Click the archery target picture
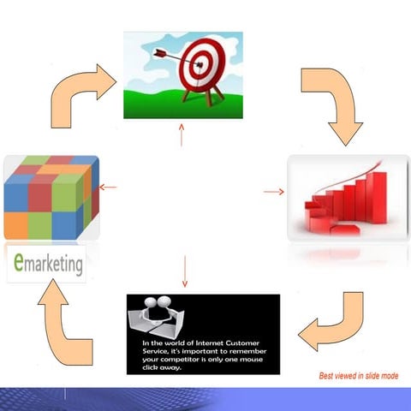coord(182,74)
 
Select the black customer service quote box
coord(203,333)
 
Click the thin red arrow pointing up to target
coord(182,135)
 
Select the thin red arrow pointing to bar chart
coord(274,191)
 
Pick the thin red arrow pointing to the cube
coord(108,187)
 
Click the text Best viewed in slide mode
coord(358,376)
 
